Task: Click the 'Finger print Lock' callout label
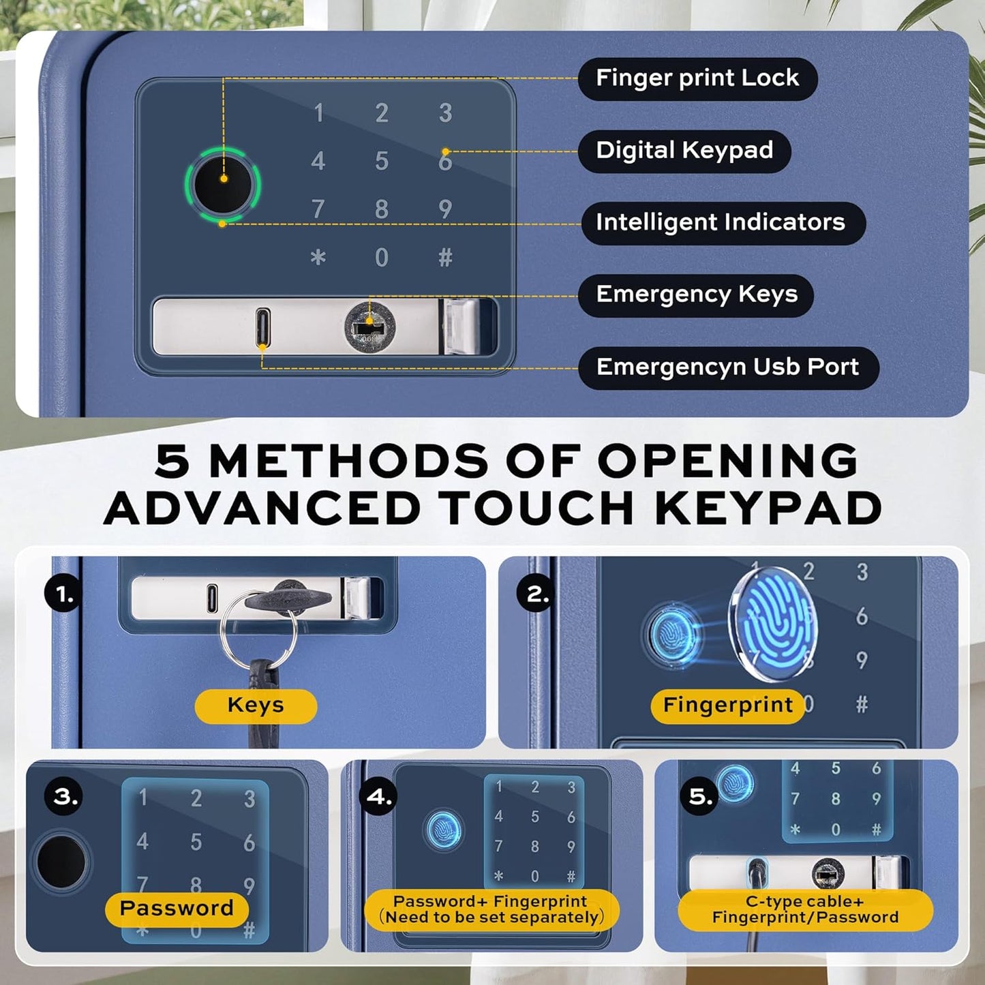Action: [698, 78]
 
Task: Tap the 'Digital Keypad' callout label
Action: [684, 151]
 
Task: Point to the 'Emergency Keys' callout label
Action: [696, 295]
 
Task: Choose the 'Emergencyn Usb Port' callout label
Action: [728, 368]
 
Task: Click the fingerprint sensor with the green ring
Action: [223, 185]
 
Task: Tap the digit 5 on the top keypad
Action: [382, 161]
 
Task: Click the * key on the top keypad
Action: [318, 257]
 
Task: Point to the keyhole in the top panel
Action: [369, 326]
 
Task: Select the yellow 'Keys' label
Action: [256, 706]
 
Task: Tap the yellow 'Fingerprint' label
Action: [728, 706]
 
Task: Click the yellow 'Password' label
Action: [177, 909]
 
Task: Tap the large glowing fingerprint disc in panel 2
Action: [772, 624]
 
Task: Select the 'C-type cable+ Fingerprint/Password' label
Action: [805, 911]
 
